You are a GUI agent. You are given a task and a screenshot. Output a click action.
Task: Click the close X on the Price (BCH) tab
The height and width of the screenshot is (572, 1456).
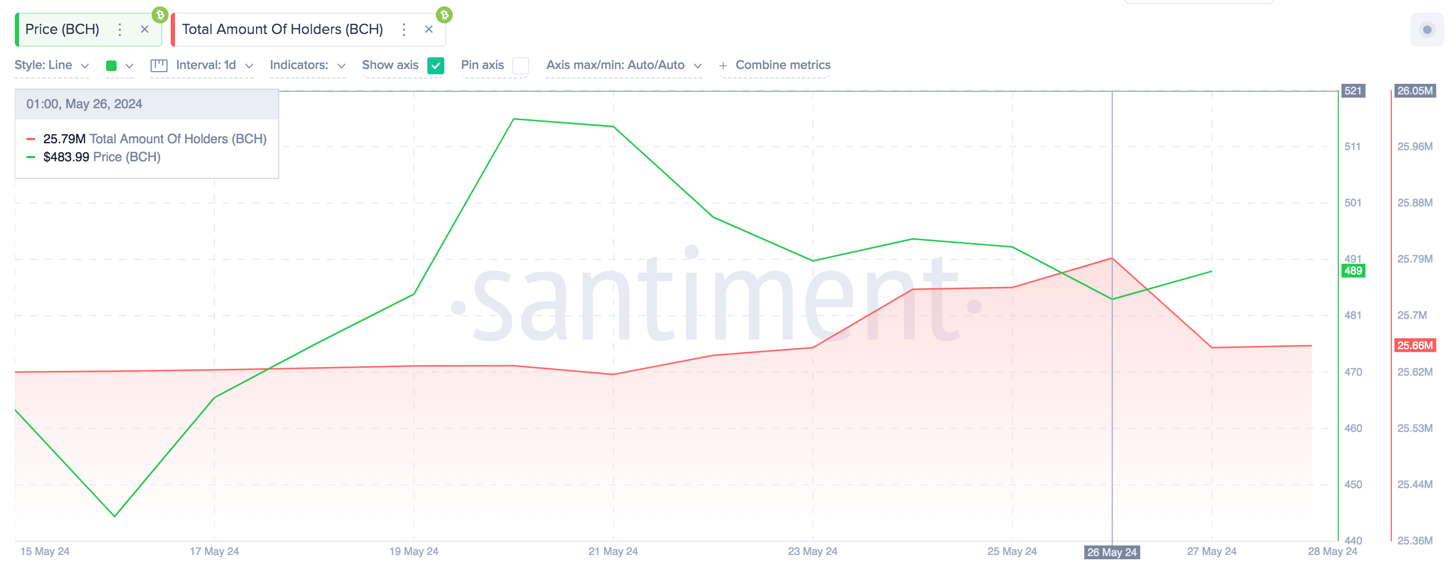point(145,29)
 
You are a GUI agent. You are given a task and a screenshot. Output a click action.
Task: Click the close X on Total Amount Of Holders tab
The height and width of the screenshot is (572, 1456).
point(428,29)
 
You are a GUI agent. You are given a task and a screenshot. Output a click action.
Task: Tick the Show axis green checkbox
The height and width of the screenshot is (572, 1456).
point(435,66)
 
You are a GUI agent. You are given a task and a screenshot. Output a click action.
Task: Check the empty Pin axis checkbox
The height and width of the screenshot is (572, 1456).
point(520,66)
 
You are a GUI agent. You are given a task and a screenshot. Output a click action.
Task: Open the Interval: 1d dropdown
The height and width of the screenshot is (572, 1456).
point(206,65)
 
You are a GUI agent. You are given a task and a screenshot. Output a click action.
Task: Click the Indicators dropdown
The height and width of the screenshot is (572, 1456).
point(307,65)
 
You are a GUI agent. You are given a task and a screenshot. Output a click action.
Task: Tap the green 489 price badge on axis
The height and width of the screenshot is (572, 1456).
point(1353,271)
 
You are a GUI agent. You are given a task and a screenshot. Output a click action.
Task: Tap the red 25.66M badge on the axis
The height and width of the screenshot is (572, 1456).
point(1414,345)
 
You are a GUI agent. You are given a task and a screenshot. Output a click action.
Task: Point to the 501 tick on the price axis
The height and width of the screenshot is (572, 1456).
point(1353,203)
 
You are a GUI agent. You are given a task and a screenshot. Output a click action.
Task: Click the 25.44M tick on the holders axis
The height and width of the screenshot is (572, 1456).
point(1414,484)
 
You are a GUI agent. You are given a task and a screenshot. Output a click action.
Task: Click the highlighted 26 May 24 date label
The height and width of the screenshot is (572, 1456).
point(1111,552)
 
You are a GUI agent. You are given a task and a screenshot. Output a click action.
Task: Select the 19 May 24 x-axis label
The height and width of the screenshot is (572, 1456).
point(414,551)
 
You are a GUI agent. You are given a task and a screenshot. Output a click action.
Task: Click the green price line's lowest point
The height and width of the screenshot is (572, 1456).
point(115,515)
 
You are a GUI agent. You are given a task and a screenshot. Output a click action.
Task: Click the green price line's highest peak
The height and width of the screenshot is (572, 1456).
point(513,119)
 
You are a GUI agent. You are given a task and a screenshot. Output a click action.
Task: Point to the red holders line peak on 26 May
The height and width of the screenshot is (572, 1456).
point(1112,258)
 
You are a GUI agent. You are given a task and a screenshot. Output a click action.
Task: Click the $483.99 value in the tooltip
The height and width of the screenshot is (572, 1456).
point(66,157)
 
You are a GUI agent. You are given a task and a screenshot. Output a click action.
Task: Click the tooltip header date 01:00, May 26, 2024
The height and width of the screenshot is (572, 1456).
point(84,104)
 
